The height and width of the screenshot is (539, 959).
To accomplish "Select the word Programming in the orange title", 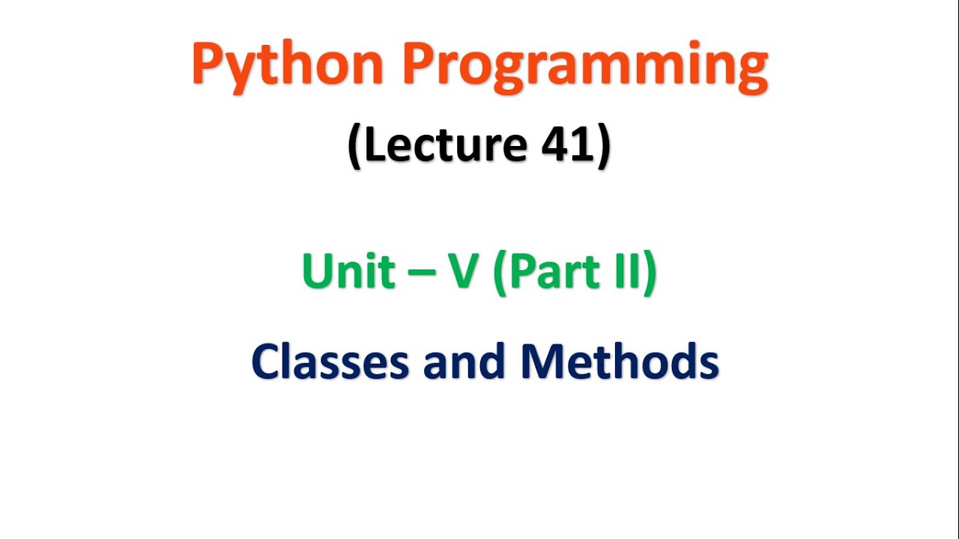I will [x=585, y=66].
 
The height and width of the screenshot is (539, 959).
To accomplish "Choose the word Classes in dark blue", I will [x=330, y=362].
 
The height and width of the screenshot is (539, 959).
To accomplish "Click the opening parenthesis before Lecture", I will [x=355, y=146].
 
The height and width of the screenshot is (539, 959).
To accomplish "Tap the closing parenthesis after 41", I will [x=602, y=146].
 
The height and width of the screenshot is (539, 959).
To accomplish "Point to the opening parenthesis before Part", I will [x=500, y=272].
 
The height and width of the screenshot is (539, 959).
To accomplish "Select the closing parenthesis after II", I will [x=649, y=272].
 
